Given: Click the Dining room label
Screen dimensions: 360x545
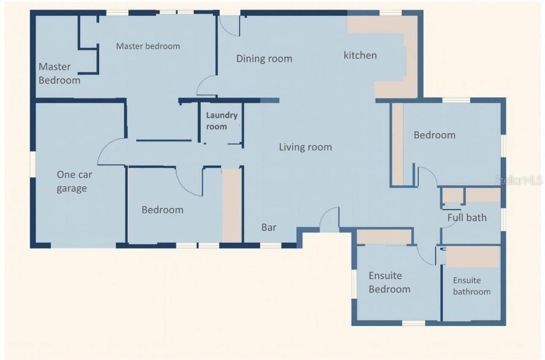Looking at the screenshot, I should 264,59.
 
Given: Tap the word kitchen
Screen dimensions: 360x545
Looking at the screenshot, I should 360,55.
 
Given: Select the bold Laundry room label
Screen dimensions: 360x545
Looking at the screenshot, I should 221,121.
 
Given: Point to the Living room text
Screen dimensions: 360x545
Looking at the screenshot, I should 305,147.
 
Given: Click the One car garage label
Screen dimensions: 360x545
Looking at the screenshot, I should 72,181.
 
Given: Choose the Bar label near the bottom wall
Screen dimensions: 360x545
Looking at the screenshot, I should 269,227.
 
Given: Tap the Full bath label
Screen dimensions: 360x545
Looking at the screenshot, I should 467,217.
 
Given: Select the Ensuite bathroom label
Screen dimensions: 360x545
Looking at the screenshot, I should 472,286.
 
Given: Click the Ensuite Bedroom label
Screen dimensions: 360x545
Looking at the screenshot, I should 390,282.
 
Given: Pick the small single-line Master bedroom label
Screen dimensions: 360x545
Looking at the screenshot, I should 148,46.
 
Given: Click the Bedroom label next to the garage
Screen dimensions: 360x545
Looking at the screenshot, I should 162,210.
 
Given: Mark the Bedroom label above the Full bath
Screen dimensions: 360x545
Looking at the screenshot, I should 434,135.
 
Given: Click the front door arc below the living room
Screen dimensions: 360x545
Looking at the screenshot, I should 330,218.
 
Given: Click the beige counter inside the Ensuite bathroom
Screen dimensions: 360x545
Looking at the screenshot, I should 472,256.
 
